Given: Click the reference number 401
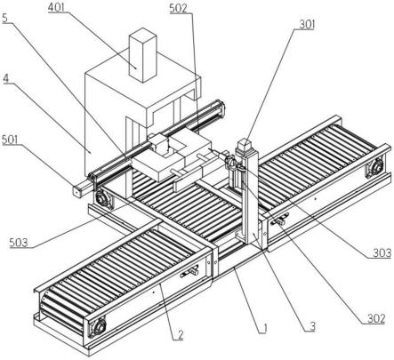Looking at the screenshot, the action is click(x=56, y=7).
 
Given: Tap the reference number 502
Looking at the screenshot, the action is click(x=179, y=9).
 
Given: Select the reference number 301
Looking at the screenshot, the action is click(x=307, y=25).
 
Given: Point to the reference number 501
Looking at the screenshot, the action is click(x=10, y=140).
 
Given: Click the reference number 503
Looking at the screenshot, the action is click(x=19, y=243).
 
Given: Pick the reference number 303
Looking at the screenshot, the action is click(x=382, y=253).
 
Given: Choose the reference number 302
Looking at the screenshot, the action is click(x=376, y=319).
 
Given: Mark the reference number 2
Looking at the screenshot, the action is click(x=181, y=335).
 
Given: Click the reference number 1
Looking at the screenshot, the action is click(x=265, y=328).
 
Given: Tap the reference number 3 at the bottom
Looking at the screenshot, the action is click(x=312, y=326).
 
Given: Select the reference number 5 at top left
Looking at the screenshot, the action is click(x=5, y=19).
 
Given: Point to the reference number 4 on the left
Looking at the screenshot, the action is click(x=6, y=78).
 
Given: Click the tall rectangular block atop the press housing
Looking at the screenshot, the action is click(x=143, y=55).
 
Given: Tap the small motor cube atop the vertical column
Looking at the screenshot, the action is click(x=245, y=145).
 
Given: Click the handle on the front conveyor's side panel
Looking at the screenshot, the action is click(x=190, y=271).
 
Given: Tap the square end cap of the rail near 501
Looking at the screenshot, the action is click(x=77, y=192).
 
